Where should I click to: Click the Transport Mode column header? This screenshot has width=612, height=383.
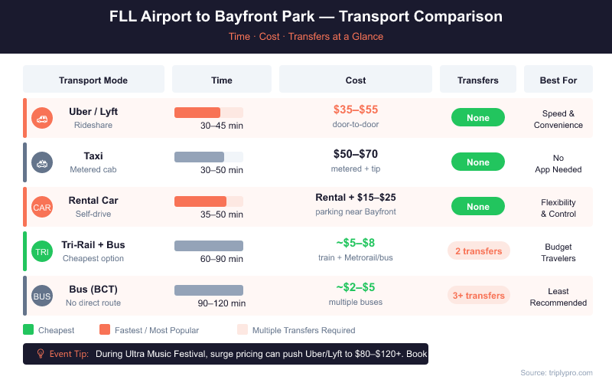click(93, 80)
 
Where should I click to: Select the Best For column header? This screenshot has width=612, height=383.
click(558, 80)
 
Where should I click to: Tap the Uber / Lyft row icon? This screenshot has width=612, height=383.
click(42, 118)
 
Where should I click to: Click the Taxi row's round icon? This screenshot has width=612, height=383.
click(42, 162)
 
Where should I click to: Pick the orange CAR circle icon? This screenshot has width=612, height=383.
click(42, 207)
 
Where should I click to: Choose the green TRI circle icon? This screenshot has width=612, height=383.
click(42, 251)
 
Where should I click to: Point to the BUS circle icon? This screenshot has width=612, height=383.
click(42, 296)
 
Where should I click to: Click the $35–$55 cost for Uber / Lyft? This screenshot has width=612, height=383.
click(356, 110)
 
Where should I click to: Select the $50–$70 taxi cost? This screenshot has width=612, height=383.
click(356, 155)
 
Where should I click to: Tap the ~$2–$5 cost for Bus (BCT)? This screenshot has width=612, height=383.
click(356, 288)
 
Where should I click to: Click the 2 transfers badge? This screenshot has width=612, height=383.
click(478, 251)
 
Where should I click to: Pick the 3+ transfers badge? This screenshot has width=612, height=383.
click(478, 296)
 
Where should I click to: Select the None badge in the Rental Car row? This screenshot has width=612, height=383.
click(478, 207)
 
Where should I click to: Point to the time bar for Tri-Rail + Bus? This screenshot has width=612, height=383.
click(209, 246)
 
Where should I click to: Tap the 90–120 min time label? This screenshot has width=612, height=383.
click(222, 303)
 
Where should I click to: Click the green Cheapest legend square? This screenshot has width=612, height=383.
click(28, 330)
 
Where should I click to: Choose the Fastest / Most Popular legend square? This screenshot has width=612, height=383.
click(105, 330)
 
